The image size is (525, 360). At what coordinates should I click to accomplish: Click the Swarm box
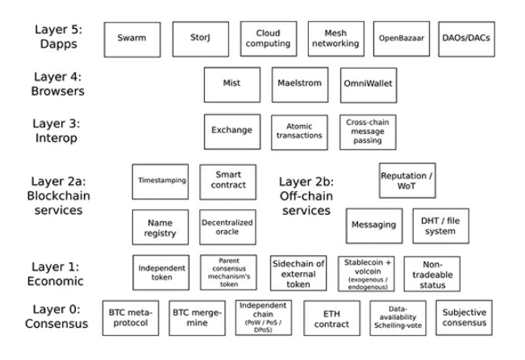pyautogui.click(x=131, y=39)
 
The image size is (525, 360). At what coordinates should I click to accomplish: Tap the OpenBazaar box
pyautogui.click(x=401, y=39)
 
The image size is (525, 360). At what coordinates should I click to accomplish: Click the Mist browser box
pyautogui.click(x=231, y=84)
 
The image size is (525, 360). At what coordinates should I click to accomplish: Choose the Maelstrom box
pyautogui.click(x=297, y=84)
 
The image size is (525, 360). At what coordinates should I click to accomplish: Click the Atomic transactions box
pyautogui.click(x=298, y=130)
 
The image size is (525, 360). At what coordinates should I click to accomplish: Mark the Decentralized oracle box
pyautogui.click(x=227, y=228)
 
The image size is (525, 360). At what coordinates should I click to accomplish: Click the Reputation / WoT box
pyautogui.click(x=407, y=180)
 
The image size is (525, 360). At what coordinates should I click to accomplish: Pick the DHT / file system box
pyautogui.click(x=440, y=226)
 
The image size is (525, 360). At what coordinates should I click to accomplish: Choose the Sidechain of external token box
pyautogui.click(x=298, y=274)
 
